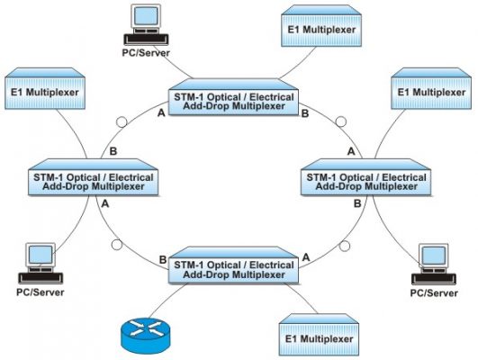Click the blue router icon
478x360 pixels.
click(x=146, y=336)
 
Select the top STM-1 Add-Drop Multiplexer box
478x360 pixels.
click(x=233, y=97)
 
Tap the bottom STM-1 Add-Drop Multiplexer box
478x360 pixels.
click(x=233, y=265)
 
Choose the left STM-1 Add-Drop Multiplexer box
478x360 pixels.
click(x=94, y=177)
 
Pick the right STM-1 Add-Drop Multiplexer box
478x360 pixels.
click(x=366, y=177)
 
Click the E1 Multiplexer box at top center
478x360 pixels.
click(x=321, y=26)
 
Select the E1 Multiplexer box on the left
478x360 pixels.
click(x=45, y=88)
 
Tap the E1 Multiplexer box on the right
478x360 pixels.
click(x=431, y=88)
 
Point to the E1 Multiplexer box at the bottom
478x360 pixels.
click(x=319, y=335)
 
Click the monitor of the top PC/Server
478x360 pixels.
click(x=146, y=17)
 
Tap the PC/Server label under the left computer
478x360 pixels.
click(x=41, y=292)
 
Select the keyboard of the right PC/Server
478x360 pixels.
click(x=434, y=279)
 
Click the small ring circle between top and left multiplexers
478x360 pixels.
click(x=122, y=121)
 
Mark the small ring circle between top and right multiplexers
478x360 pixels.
click(x=341, y=121)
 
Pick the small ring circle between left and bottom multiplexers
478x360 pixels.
click(x=117, y=245)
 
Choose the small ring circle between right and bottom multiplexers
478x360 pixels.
click(x=345, y=246)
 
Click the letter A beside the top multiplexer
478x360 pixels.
click(x=161, y=113)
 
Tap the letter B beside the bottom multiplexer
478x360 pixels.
click(x=163, y=260)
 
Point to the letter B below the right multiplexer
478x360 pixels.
click(x=357, y=203)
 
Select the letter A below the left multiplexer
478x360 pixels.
click(x=105, y=203)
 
